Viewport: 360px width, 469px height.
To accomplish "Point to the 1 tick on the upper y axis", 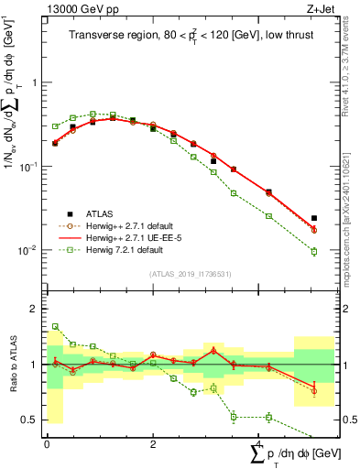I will tap(38, 82).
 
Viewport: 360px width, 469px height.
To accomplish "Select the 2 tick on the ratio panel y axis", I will tap(38, 309).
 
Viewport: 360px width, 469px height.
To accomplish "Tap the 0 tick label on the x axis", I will tap(47, 443).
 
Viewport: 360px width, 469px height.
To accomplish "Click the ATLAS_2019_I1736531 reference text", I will tap(189, 274).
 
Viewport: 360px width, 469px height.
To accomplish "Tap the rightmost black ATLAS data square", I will tap(314, 219).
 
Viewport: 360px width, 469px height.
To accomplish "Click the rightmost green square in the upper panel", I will tap(314, 251).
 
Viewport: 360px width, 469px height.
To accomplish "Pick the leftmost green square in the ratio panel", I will tap(55, 326).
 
